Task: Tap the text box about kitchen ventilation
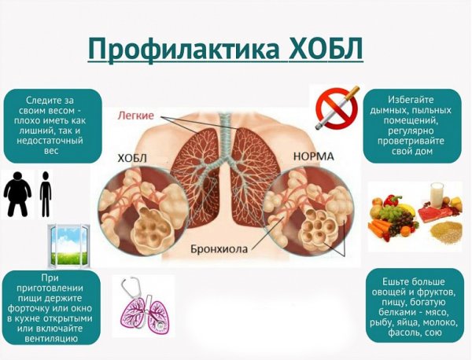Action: coord(52,307)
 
